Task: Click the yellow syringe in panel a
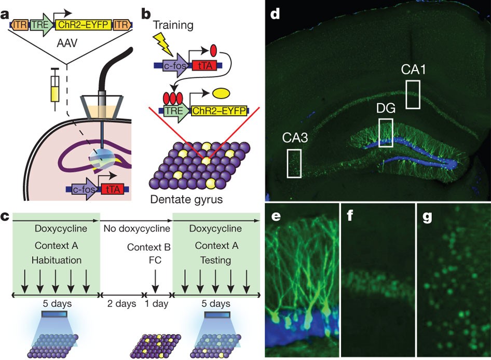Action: (55, 89)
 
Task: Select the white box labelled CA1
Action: (413, 94)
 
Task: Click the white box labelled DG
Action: (386, 133)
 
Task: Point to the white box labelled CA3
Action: (294, 163)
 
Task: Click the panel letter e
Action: (276, 216)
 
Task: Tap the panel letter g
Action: (428, 217)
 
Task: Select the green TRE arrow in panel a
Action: (42, 25)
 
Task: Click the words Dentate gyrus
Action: (186, 199)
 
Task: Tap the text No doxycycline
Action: (137, 229)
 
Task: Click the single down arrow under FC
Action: (155, 280)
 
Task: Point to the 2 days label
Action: (122, 303)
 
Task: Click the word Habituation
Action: (57, 260)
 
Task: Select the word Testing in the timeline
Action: (216, 260)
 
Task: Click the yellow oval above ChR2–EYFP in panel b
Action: (222, 93)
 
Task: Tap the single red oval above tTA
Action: (213, 50)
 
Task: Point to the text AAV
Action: (67, 43)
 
